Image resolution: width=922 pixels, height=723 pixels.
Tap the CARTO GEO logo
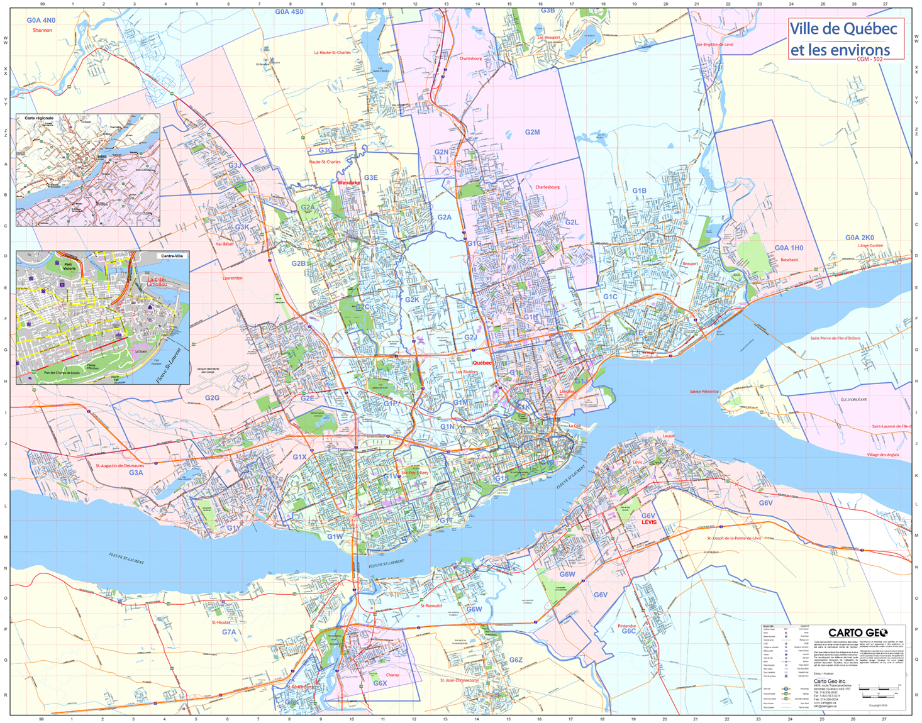[857, 632]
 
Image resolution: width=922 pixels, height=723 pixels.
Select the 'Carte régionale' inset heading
[39, 118]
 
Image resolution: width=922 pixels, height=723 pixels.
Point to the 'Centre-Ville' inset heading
[172, 256]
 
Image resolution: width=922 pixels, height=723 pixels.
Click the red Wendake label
[349, 183]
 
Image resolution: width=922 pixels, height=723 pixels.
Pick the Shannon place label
[42, 30]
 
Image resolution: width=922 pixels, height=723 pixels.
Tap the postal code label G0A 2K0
[859, 238]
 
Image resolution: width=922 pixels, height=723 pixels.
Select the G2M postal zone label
[532, 133]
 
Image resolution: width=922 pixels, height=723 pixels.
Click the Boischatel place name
[789, 260]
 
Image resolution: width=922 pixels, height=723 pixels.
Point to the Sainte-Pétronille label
[704, 392]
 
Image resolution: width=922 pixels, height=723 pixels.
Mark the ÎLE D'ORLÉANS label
[853, 399]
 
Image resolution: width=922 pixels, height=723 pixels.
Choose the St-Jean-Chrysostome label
[459, 680]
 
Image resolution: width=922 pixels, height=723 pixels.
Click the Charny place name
[392, 675]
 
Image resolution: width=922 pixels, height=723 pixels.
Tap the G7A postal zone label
[229, 632]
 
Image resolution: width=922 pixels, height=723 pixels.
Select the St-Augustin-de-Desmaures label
[119, 466]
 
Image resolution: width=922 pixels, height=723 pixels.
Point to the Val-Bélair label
[225, 244]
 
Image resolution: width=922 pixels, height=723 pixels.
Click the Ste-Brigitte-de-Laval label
[714, 45]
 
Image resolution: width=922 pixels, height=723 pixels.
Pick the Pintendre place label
[626, 626]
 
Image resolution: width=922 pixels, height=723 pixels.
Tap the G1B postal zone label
[639, 190]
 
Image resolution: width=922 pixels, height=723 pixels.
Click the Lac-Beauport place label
[548, 38]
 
